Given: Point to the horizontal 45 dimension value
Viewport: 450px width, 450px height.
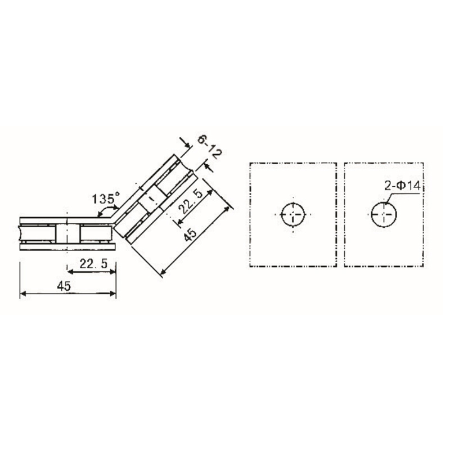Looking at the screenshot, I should point(64,286).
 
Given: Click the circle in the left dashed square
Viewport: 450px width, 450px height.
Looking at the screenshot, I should point(294,214).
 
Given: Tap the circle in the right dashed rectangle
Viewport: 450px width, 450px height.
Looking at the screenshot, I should point(384,214).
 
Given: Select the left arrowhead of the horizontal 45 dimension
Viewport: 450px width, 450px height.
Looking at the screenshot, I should point(22,293).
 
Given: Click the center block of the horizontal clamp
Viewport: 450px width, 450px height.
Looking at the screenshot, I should point(67,233).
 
